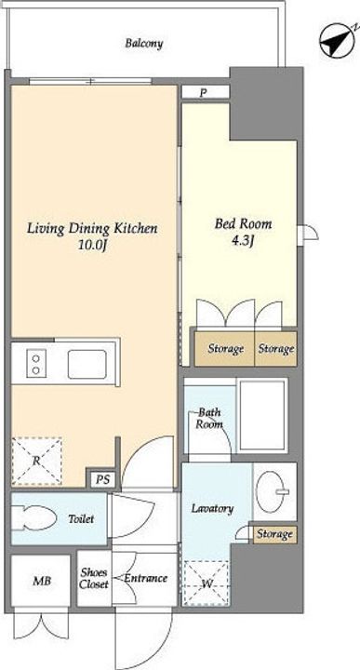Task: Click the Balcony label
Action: [144, 43]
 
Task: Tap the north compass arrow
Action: [338, 40]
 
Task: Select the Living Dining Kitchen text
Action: [92, 228]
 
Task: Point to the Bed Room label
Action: [243, 223]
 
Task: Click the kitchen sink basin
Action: [87, 364]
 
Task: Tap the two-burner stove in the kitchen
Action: [36, 363]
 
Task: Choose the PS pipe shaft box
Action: [102, 479]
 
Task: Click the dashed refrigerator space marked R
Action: [36, 461]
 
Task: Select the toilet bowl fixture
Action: [33, 518]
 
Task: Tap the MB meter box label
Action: [42, 581]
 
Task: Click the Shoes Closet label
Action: [94, 578]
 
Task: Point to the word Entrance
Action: [145, 578]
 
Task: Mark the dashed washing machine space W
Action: [207, 583]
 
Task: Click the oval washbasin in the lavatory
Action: [273, 490]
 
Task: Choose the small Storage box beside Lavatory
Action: [274, 534]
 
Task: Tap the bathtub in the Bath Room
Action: [262, 415]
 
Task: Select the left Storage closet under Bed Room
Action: [224, 349]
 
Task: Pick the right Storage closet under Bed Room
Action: [276, 349]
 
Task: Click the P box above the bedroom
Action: [205, 92]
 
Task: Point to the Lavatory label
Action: [212, 508]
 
